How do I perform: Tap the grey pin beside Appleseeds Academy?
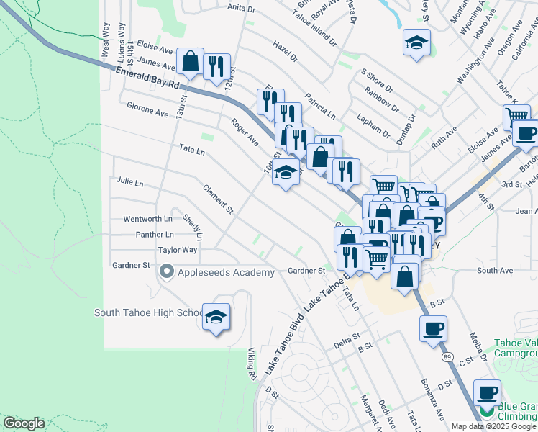(x=167, y=272)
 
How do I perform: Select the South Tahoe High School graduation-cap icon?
(x=216, y=316)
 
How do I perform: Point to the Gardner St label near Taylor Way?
(x=130, y=266)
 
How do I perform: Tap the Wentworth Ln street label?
(x=148, y=219)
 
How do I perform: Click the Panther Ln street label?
(x=155, y=235)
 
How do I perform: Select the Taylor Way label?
(x=178, y=250)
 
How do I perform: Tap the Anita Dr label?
(x=242, y=9)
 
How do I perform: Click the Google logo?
(x=24, y=423)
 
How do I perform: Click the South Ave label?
(x=495, y=271)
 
